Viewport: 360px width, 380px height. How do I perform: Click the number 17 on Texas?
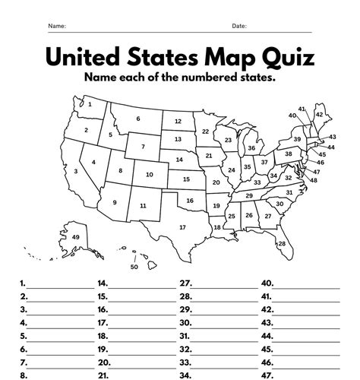pyautogui.click(x=182, y=227)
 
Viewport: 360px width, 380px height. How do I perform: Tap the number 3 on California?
pyautogui.click(x=76, y=172)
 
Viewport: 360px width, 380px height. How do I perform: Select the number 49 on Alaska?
pyautogui.click(x=76, y=238)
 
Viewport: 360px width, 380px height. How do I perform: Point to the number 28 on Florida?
pyautogui.click(x=281, y=244)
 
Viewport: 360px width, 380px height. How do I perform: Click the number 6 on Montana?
pyautogui.click(x=138, y=119)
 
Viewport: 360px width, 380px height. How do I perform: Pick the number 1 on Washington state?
pyautogui.click(x=90, y=105)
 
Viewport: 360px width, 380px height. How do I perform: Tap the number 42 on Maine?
pyautogui.click(x=320, y=115)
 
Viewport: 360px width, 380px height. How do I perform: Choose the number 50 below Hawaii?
pyautogui.click(x=134, y=267)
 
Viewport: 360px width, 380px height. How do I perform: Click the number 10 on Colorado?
pyautogui.click(x=149, y=175)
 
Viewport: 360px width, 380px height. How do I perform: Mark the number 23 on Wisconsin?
pyautogui.click(x=227, y=141)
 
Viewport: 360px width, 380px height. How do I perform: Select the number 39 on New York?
pyautogui.click(x=298, y=140)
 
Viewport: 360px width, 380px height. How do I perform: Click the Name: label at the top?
pyautogui.click(x=57, y=26)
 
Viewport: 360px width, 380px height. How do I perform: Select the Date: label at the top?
pyautogui.click(x=239, y=26)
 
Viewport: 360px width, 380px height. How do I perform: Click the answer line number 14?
pyautogui.click(x=103, y=283)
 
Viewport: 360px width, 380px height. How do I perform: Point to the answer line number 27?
pyautogui.click(x=185, y=283)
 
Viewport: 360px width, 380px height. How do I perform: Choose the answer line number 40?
pyautogui.click(x=267, y=283)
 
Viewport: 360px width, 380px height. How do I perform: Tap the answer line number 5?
pyautogui.click(x=24, y=336)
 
